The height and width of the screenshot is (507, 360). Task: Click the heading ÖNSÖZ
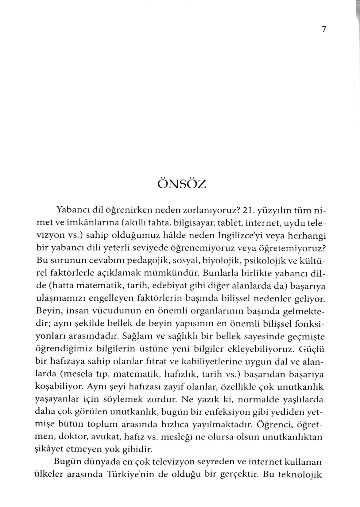point(182,184)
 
